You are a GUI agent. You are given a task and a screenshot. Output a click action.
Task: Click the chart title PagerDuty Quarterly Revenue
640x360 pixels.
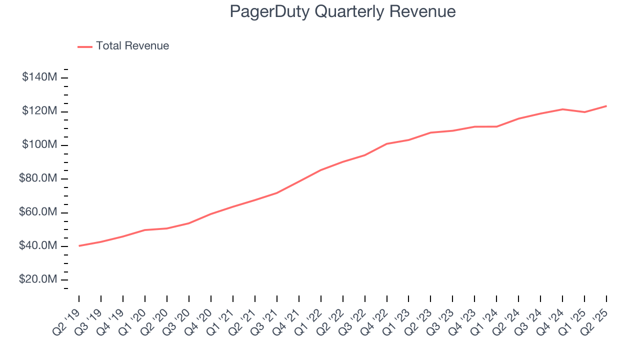tap(342, 11)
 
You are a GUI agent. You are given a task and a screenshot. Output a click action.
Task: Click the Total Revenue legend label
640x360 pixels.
tap(132, 46)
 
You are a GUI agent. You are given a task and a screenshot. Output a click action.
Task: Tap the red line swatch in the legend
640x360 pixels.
tap(85, 46)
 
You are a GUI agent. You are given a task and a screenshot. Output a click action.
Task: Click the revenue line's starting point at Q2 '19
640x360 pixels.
tap(79, 246)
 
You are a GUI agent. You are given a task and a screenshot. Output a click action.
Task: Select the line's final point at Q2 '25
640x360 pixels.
tap(606, 106)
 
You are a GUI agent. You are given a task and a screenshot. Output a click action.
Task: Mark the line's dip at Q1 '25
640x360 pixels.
tap(584, 112)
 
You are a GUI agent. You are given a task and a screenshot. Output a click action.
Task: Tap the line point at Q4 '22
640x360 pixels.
tap(387, 144)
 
